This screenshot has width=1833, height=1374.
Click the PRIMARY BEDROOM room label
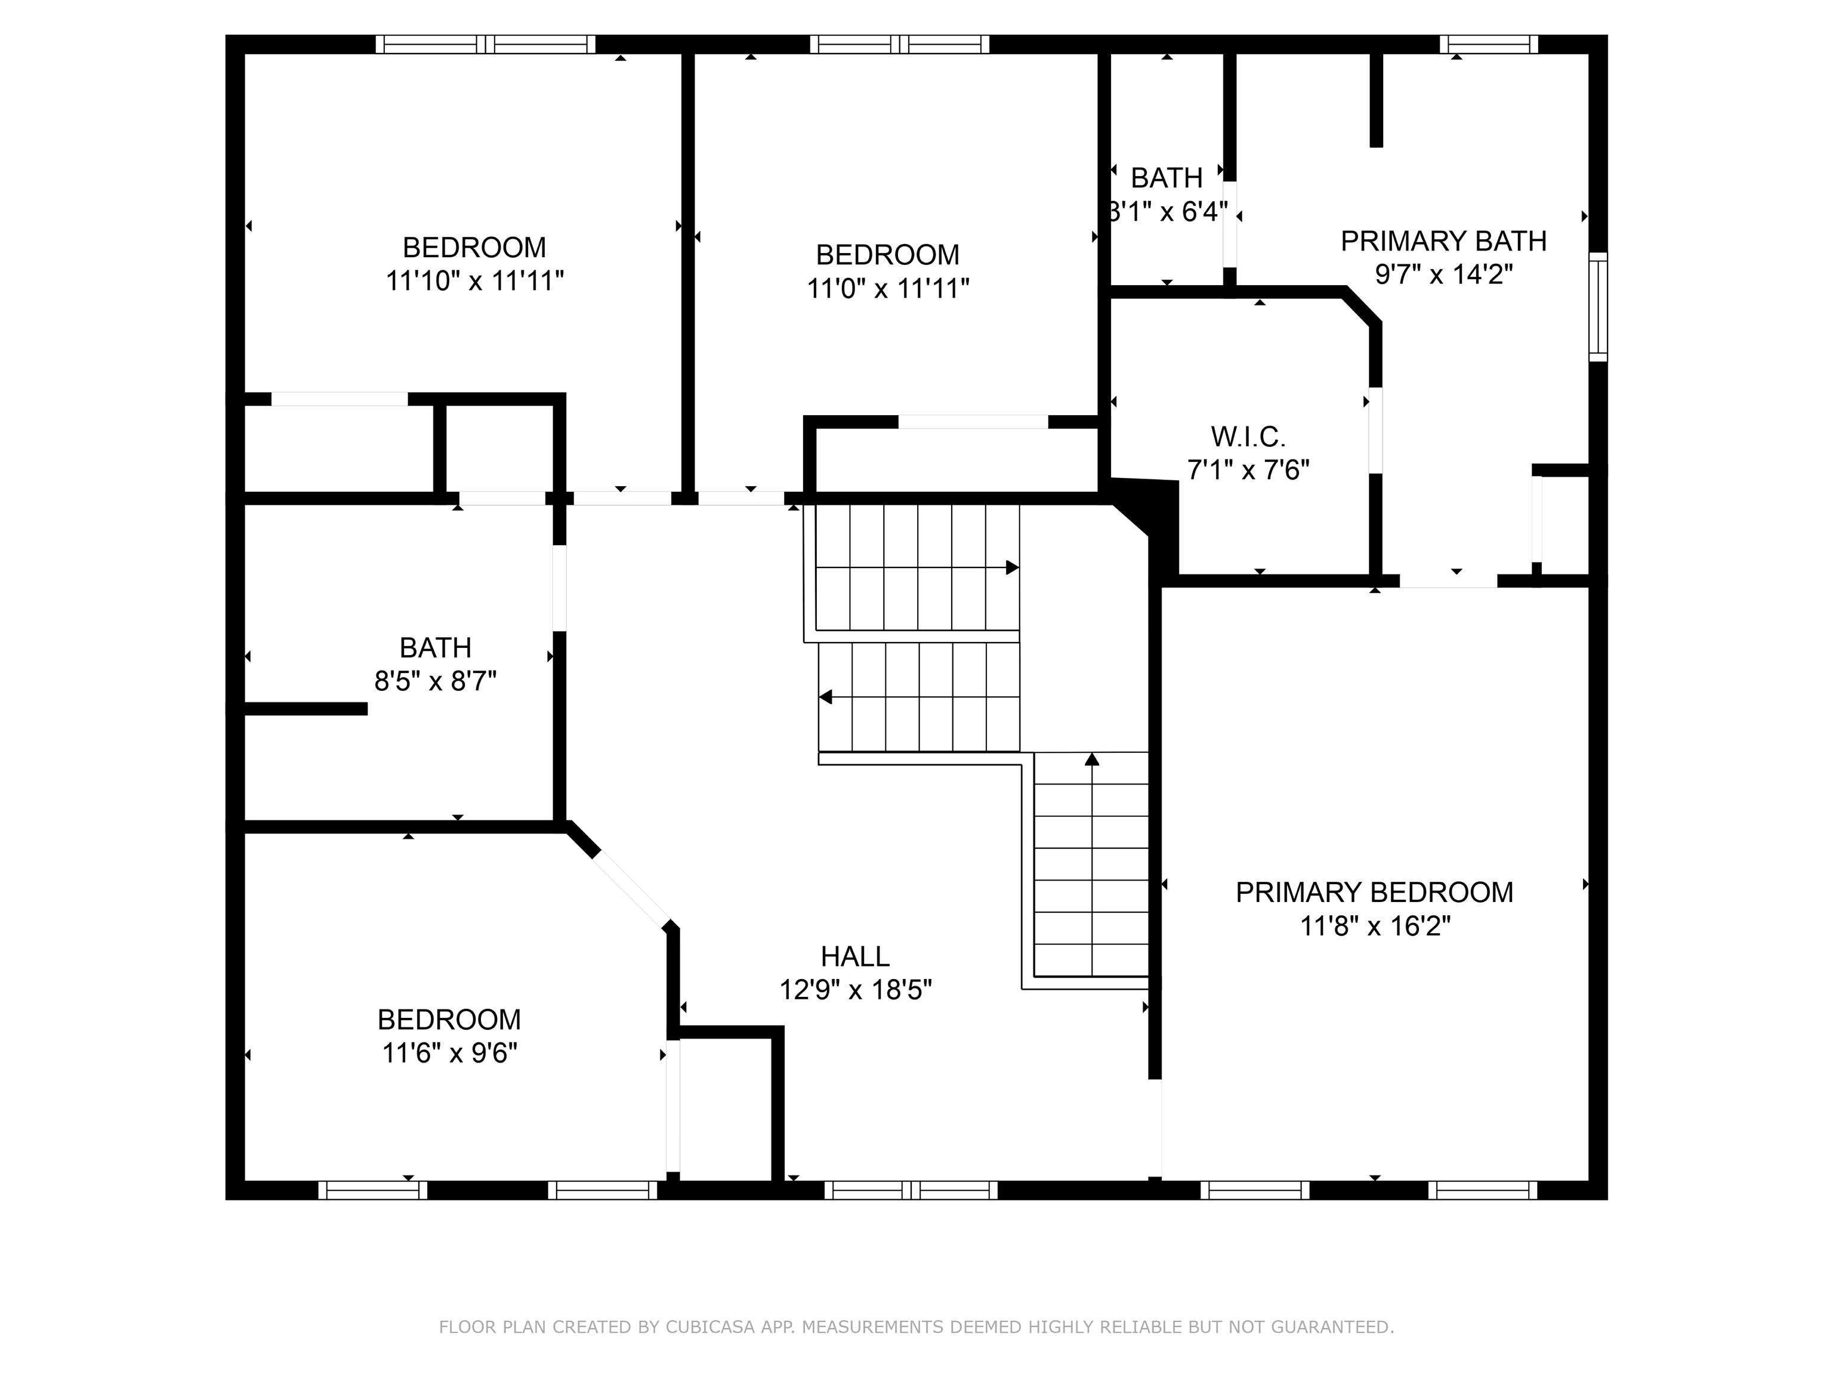coord(1374,892)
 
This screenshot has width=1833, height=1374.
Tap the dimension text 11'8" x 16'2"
coord(1375,926)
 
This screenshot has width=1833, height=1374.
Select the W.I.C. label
coord(1248,436)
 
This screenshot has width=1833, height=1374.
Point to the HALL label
coord(855,956)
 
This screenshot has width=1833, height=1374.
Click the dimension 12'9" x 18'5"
coord(855,989)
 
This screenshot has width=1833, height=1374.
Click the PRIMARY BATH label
coord(1443,241)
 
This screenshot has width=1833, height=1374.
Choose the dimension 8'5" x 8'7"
coord(435,681)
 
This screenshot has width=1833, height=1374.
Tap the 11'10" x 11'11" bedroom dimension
coord(474,281)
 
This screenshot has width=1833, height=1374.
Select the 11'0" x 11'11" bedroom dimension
coord(887,288)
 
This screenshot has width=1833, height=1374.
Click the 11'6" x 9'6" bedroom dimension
coord(449,1053)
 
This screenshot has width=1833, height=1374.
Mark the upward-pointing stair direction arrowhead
coord(1092,759)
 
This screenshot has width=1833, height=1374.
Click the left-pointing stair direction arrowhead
coord(825,697)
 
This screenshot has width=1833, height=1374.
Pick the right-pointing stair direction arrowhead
coord(1012,567)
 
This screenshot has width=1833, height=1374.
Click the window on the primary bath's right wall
coord(1598,307)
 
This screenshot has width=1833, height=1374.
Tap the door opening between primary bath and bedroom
coord(1449,581)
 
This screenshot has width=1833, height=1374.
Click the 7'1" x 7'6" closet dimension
coord(1248,470)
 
